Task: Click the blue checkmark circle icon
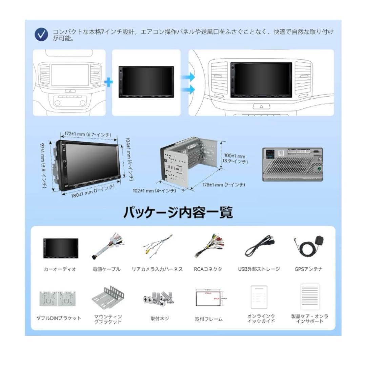41,35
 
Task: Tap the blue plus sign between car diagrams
108,82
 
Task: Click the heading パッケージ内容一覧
178,212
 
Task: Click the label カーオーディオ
60,269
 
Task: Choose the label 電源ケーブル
106,269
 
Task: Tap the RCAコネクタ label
208,269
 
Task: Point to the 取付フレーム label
209,319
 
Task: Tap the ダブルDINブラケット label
59,318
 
